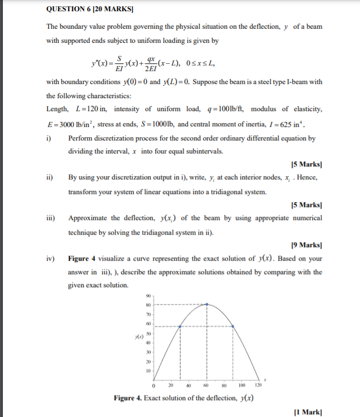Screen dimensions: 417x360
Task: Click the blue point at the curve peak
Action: pyautogui.click(x=207, y=304)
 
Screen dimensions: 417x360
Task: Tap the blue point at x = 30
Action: pyautogui.click(x=180, y=326)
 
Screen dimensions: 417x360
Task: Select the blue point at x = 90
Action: pyautogui.click(x=234, y=326)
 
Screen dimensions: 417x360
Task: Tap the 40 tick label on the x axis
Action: pyautogui.click(x=189, y=385)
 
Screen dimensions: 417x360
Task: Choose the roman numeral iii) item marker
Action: pyautogui.click(x=50, y=218)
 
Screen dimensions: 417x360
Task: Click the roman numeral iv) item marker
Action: pyautogui.click(x=50, y=258)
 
